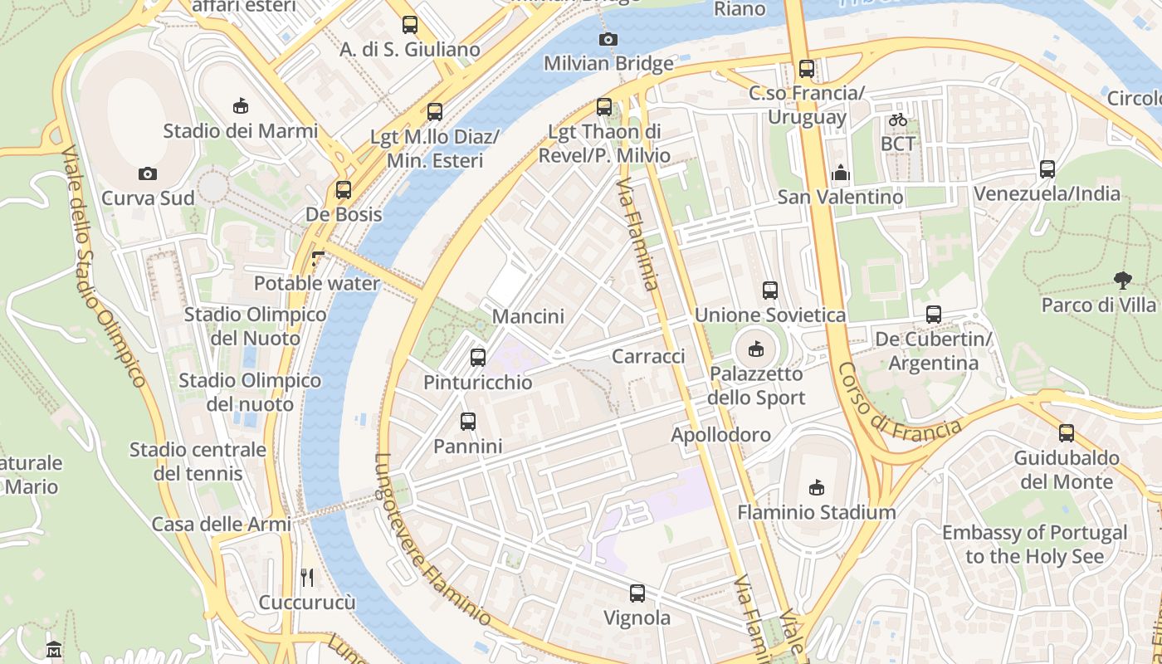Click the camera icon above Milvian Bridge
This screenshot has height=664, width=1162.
click(x=608, y=39)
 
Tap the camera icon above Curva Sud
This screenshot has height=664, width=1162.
click(x=148, y=173)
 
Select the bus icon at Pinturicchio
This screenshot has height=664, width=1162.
click(x=478, y=358)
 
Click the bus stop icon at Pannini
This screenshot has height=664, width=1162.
click(x=468, y=422)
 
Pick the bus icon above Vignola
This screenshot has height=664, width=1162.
click(x=637, y=593)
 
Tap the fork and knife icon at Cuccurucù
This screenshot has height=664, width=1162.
click(x=307, y=578)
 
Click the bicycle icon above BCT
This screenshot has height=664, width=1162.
click(x=897, y=120)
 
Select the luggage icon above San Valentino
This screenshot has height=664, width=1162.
click(x=840, y=173)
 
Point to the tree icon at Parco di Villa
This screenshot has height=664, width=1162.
click(x=1122, y=281)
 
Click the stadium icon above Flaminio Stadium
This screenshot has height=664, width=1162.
click(x=817, y=487)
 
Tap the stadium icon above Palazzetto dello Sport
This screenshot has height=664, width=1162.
click(x=755, y=349)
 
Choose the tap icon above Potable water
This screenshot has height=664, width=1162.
click(x=316, y=259)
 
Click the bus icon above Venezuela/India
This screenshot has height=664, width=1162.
click(x=1047, y=169)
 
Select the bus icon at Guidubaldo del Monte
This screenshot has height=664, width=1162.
click(x=1067, y=433)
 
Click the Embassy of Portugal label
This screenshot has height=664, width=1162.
click(x=1034, y=544)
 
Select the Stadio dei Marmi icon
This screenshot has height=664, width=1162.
click(x=240, y=105)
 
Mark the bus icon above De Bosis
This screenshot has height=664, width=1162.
click(x=344, y=190)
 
